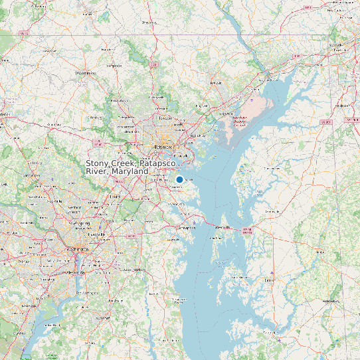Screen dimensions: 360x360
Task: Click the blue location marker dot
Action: point(179,180)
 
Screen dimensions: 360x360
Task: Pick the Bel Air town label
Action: point(215,83)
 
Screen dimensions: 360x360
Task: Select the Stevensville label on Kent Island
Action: point(223,228)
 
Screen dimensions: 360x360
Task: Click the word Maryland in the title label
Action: point(130,171)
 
